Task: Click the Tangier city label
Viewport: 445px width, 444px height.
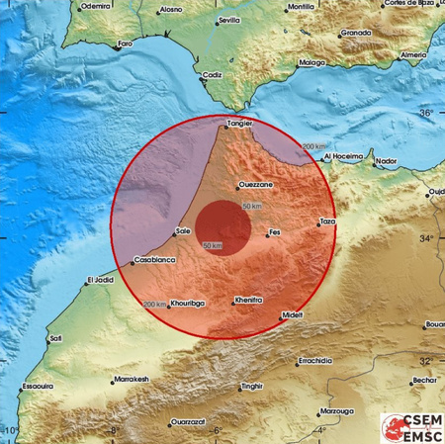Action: coord(240,124)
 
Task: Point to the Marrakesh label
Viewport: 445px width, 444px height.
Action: coord(131,379)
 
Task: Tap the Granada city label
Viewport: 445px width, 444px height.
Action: coord(356,33)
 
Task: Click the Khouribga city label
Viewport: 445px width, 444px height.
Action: coord(187,304)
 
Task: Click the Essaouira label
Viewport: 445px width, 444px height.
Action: coord(37,387)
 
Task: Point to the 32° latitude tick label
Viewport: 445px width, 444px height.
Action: coord(426,361)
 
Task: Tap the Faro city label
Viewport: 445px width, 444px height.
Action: coord(124,44)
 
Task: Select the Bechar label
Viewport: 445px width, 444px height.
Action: coord(424,380)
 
